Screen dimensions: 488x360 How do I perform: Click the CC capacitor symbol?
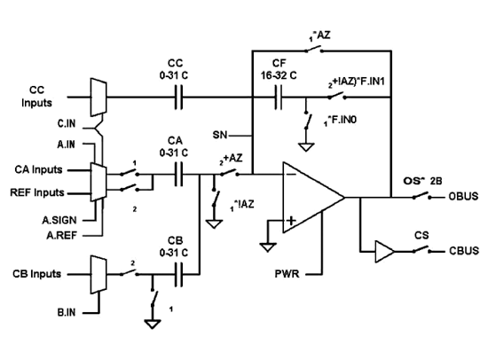[x=178, y=98]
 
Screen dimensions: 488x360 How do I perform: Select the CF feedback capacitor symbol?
[x=279, y=98]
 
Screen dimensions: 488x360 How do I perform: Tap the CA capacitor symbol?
[x=178, y=175]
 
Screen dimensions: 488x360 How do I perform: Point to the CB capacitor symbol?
[x=178, y=274]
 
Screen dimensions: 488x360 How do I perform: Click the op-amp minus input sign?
[x=291, y=175]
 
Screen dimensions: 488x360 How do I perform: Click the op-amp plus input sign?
[x=291, y=221]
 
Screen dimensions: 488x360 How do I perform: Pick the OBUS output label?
[x=463, y=196]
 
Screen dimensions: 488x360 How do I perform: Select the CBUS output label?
[x=464, y=251]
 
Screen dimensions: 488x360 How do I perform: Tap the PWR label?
[x=287, y=274]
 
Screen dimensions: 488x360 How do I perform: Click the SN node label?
[x=220, y=135]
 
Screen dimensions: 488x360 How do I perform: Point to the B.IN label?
[x=67, y=312]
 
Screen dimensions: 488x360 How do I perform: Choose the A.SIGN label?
[x=59, y=220]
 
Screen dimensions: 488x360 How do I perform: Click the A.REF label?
[x=61, y=236]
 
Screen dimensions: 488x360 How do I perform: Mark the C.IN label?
[x=67, y=123]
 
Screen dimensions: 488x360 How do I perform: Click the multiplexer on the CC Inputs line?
[x=98, y=98]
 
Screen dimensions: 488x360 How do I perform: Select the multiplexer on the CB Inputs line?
[x=98, y=275]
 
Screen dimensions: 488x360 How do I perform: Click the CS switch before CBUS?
[x=421, y=249]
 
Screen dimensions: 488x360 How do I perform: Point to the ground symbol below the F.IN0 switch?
[x=306, y=147]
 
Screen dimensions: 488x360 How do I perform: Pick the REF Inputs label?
[x=37, y=192]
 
